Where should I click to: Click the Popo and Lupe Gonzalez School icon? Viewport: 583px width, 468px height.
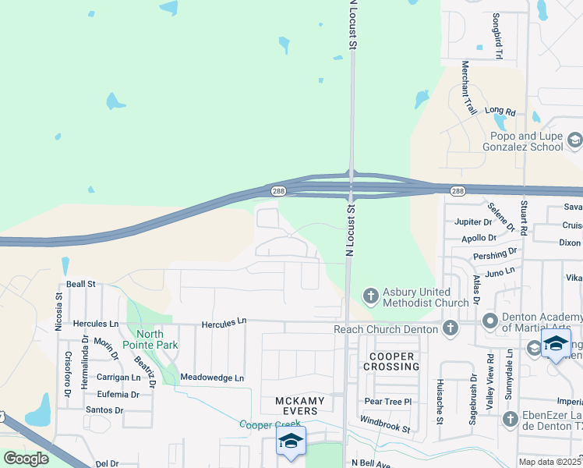pos(575,140)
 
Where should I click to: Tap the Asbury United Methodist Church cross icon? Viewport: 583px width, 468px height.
pos(371,295)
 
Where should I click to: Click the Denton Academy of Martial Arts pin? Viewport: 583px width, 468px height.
pos(489,320)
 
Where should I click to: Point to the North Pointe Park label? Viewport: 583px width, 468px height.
pos(153,339)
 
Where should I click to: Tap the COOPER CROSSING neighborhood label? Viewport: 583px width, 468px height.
pos(388,361)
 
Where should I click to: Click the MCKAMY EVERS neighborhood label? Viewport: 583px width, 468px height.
pos(297,406)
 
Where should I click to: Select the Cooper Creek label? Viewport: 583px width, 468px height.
pos(270,424)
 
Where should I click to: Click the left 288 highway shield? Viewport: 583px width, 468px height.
pos(277,191)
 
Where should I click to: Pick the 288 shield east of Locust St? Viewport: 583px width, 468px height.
pos(458,191)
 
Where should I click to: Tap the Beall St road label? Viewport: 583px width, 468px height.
pos(80,285)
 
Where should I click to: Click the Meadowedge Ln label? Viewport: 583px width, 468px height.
pos(212,378)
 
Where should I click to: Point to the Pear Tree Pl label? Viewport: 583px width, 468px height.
pos(387,402)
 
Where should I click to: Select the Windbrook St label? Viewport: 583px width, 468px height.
pos(384,424)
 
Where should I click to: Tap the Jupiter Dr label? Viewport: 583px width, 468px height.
pos(474,222)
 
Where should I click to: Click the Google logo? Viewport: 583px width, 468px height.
pos(26,458)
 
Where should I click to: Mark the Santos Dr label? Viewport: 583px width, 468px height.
pos(104,409)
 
